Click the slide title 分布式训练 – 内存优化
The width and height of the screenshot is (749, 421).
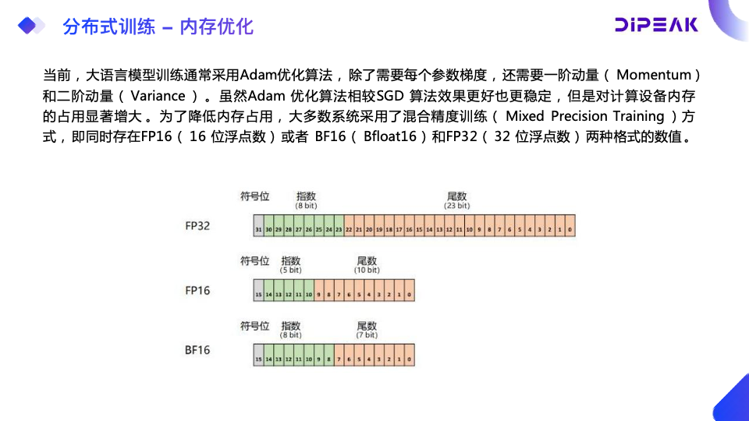(x=158, y=27)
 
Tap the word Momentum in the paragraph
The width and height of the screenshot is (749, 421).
(x=653, y=75)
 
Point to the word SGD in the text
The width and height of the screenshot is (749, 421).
(x=391, y=97)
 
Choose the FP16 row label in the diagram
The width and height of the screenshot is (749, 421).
(x=197, y=291)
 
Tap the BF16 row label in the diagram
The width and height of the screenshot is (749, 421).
(x=197, y=351)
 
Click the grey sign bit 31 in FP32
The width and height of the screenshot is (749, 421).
(x=258, y=231)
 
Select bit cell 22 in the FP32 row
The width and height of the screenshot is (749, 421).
(x=349, y=231)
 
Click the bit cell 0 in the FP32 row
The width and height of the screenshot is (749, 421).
(x=570, y=231)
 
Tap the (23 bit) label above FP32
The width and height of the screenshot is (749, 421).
(x=457, y=207)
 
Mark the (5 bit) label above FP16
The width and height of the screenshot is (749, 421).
(x=290, y=270)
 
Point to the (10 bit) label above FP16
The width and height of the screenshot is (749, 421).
(x=367, y=270)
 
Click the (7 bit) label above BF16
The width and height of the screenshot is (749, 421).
(x=367, y=334)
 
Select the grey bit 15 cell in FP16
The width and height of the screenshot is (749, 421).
(x=258, y=295)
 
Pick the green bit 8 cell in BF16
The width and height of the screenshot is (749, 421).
(x=328, y=360)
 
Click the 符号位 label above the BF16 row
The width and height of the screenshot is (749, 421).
(x=254, y=326)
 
